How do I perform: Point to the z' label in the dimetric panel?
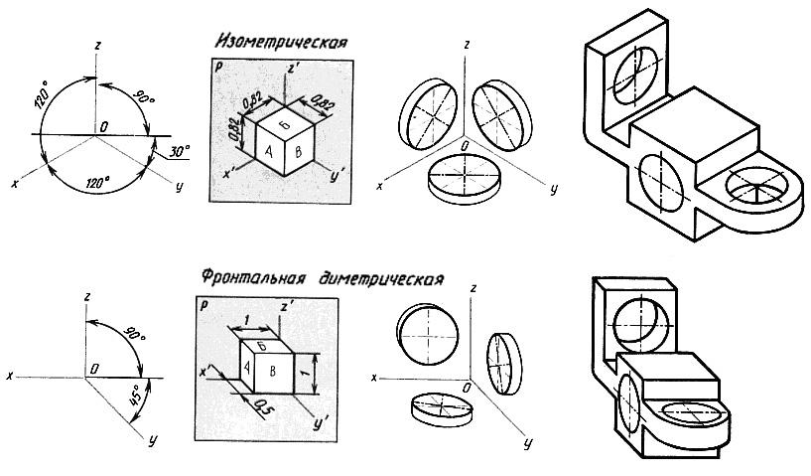coord(288,305)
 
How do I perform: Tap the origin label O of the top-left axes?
coord(102,126)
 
